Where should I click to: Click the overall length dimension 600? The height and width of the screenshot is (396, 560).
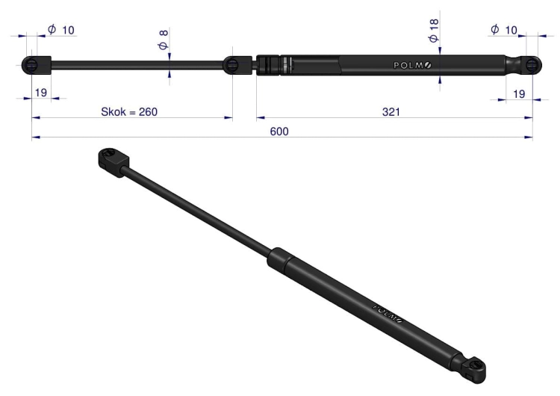pyautogui.click(x=279, y=132)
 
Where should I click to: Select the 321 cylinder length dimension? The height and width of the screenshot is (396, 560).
pyautogui.click(x=391, y=112)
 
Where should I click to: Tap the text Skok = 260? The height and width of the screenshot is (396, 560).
pyautogui.click(x=129, y=112)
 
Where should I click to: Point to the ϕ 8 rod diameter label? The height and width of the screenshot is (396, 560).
pyautogui.click(x=163, y=40)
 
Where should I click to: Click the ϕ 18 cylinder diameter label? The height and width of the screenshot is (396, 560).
pyautogui.click(x=434, y=31)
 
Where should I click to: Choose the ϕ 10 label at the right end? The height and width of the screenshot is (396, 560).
pyautogui.click(x=504, y=30)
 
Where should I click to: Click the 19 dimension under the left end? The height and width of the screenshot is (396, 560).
pyautogui.click(x=41, y=93)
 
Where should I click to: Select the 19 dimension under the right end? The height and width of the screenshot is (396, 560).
pyautogui.click(x=519, y=93)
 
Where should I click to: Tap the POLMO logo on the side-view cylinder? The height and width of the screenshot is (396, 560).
pyautogui.click(x=412, y=66)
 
